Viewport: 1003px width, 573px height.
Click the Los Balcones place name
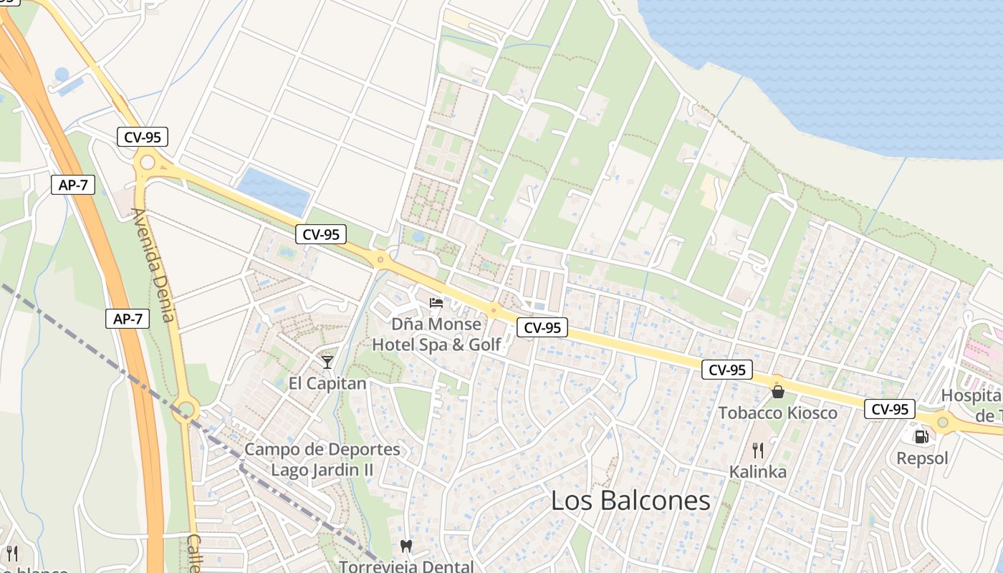[x=630, y=501]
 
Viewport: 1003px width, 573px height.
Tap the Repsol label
[x=922, y=458]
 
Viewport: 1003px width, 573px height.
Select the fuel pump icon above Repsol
[x=921, y=436]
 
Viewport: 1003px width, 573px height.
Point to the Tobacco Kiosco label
[x=777, y=413]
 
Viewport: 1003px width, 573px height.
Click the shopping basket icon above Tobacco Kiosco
[x=777, y=392]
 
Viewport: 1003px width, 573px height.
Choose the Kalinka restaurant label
[x=757, y=472]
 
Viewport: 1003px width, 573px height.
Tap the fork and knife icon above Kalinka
[x=757, y=451]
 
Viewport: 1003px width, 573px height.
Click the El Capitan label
[x=327, y=383]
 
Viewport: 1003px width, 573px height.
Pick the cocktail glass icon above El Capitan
[x=327, y=362]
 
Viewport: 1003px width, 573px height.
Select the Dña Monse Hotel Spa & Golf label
[x=436, y=334]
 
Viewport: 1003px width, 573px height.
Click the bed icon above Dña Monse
[x=436, y=303]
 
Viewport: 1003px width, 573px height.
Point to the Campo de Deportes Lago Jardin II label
[x=322, y=460]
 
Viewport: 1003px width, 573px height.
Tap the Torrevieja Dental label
[x=406, y=566]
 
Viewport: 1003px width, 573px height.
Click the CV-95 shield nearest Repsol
[x=891, y=409]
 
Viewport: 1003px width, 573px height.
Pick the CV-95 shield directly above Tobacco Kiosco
[x=727, y=370]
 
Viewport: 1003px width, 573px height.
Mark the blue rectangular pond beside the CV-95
[x=273, y=190]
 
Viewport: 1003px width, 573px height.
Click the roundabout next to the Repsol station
[x=943, y=422]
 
